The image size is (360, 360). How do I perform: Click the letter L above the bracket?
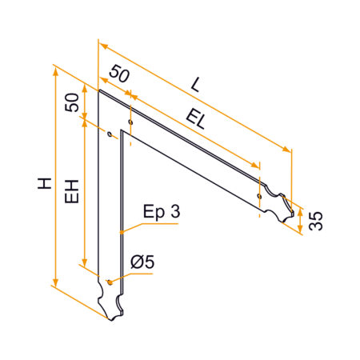(x=196, y=82)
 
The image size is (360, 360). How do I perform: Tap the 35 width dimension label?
(x=316, y=221)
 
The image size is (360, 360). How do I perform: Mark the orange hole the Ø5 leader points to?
(x=109, y=281)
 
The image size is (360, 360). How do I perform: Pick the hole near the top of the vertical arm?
(x=110, y=134)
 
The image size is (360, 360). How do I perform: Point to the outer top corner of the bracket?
(x=99, y=90)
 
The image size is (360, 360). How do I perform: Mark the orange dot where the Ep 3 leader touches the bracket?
(x=122, y=231)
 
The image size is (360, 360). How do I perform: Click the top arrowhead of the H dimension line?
(x=55, y=70)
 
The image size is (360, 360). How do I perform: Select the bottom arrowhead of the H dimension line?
(x=55, y=284)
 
